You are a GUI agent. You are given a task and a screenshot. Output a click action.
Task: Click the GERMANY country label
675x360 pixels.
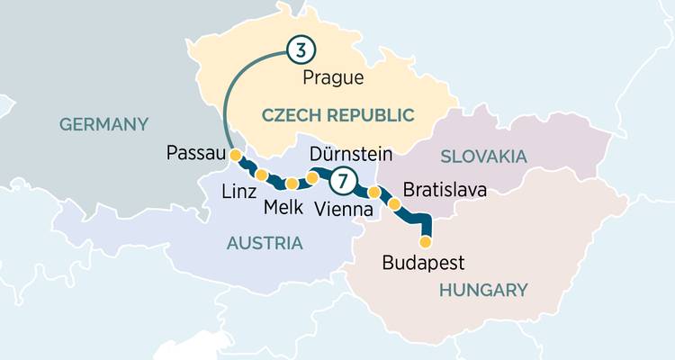(103, 124)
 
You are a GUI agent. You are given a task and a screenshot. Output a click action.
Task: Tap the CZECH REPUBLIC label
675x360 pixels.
(337, 114)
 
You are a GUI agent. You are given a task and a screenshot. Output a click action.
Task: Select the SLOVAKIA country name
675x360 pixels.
(482, 157)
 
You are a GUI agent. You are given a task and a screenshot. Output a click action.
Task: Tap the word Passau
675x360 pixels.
(195, 154)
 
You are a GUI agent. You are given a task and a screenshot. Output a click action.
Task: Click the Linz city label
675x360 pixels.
(239, 193)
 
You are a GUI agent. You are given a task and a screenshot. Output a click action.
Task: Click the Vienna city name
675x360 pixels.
(344, 209)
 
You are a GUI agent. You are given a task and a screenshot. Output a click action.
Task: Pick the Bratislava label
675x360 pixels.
(445, 191)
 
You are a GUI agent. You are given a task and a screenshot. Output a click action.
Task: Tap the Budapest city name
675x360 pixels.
(423, 264)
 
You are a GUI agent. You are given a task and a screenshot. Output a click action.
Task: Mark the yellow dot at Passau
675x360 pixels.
(236, 156)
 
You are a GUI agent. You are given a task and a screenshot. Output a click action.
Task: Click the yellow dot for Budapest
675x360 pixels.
(426, 241)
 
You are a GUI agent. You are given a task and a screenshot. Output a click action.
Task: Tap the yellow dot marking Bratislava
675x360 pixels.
(394, 205)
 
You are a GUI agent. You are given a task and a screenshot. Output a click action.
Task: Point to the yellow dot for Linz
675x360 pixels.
(262, 175)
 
